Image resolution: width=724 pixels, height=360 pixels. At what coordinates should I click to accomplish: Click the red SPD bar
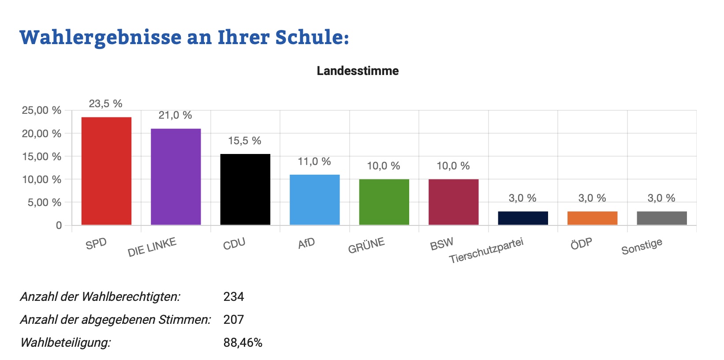pos(106,171)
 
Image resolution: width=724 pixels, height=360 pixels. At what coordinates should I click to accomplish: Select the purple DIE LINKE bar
pos(175,177)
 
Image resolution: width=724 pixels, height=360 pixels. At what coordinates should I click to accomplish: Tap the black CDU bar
pos(245,190)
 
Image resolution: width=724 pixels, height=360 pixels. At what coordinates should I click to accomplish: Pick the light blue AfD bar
pos(314,200)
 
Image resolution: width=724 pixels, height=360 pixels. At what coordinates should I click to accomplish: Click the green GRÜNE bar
pos(384,202)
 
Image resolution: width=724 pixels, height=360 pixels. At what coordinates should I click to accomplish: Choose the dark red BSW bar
pos(453,202)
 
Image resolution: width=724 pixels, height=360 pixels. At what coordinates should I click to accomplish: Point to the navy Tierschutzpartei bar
pos(523,218)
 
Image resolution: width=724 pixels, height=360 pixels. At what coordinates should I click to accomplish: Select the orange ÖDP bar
pos(592,218)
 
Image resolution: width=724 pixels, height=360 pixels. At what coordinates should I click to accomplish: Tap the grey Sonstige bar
pos(662,218)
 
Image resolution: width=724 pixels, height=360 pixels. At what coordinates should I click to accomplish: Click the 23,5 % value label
pos(105,104)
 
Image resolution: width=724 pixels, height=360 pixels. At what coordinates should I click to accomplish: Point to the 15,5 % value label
pos(245,141)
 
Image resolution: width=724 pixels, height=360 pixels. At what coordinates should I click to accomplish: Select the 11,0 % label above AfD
pos(314,161)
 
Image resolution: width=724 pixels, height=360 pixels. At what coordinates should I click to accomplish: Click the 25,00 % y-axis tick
pos(41,110)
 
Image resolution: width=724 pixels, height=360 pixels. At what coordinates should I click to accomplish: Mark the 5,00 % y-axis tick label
pos(41,202)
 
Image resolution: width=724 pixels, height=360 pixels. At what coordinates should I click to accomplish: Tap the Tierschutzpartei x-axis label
pos(486,251)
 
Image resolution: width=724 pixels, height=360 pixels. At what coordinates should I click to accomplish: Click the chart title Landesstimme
pos(358,71)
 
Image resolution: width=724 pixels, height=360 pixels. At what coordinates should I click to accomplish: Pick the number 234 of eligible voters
pos(234,296)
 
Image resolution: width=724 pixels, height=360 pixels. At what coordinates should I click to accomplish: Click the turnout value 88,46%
pos(243,342)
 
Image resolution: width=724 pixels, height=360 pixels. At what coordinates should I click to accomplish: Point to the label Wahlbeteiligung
pos(65,342)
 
